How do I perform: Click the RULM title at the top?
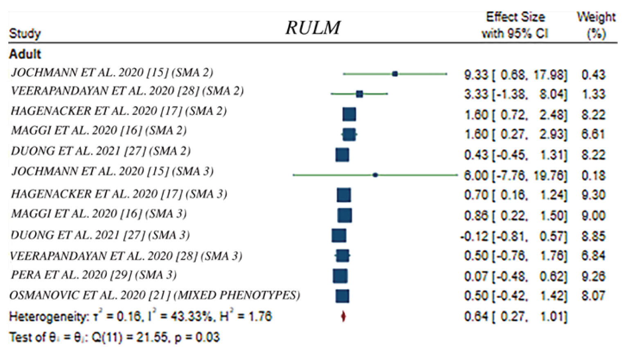(313, 28)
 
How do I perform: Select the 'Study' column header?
(25, 33)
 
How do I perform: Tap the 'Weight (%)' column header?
(596, 25)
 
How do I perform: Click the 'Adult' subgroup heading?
(25, 54)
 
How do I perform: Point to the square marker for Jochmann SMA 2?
(395, 74)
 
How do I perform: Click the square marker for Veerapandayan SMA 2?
(359, 94)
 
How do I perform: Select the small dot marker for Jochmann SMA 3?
(375, 175)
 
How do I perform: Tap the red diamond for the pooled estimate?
(343, 316)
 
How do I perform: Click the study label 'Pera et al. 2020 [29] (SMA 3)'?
(94, 275)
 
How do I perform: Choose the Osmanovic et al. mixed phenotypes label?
(155, 295)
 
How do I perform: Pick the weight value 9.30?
(593, 195)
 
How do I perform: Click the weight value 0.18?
(593, 175)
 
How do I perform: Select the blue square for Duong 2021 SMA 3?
(339, 236)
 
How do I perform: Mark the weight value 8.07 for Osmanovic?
(593, 295)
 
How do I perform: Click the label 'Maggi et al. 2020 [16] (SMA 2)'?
(99, 130)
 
